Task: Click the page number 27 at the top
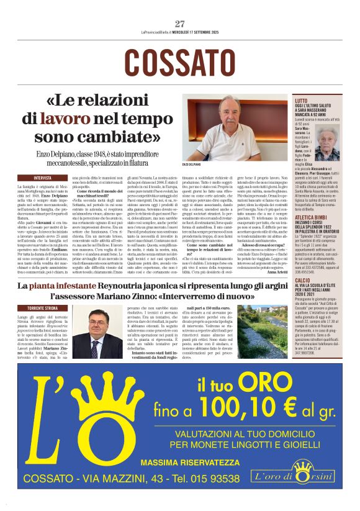(180, 24)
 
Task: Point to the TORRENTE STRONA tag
(42, 308)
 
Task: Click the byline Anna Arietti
(278, 271)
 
